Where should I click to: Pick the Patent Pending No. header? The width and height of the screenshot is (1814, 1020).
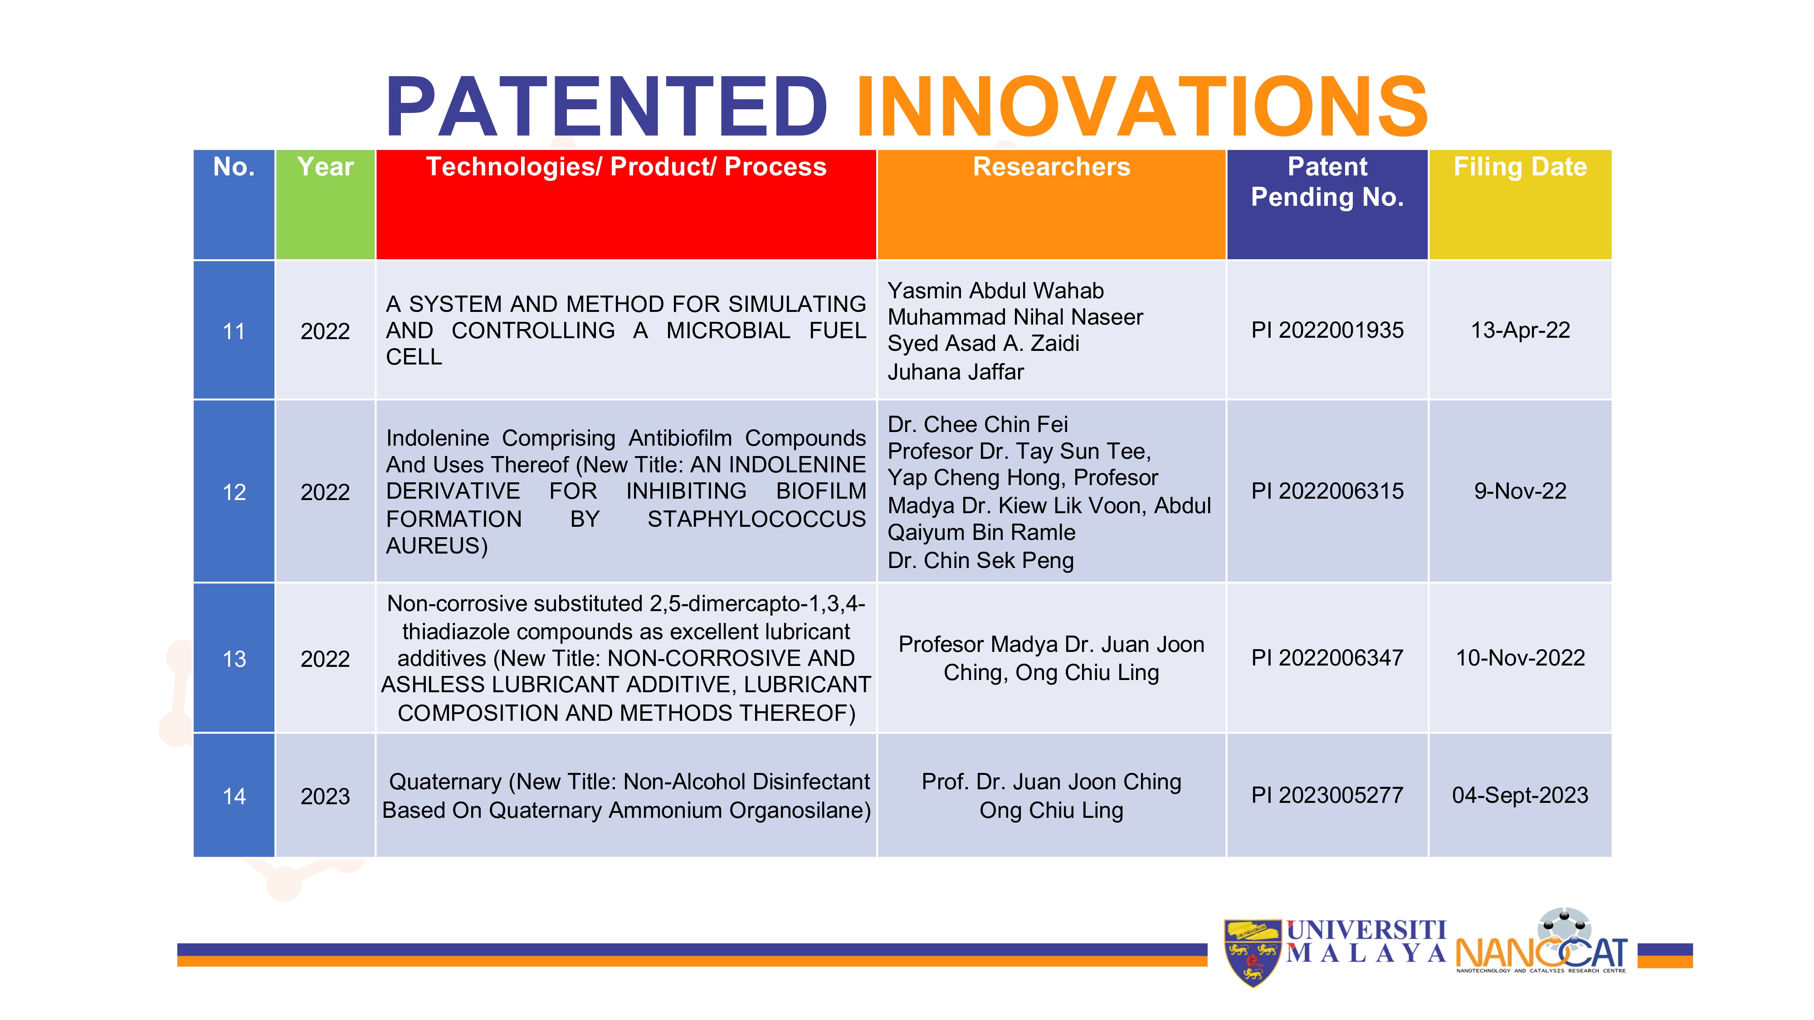click(1327, 182)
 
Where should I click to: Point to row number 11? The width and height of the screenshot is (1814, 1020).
click(234, 331)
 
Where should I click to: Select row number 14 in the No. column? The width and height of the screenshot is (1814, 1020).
click(234, 796)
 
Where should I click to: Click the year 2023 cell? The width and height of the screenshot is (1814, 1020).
click(325, 796)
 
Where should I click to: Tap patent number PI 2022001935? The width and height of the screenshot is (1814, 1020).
click(1327, 330)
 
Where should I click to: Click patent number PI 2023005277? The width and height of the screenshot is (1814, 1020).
click(1327, 796)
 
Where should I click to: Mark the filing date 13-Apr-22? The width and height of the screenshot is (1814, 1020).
click(1520, 330)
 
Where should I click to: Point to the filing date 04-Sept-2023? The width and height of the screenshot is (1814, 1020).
click(1520, 796)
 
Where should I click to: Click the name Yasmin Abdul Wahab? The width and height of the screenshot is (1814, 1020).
click(996, 291)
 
